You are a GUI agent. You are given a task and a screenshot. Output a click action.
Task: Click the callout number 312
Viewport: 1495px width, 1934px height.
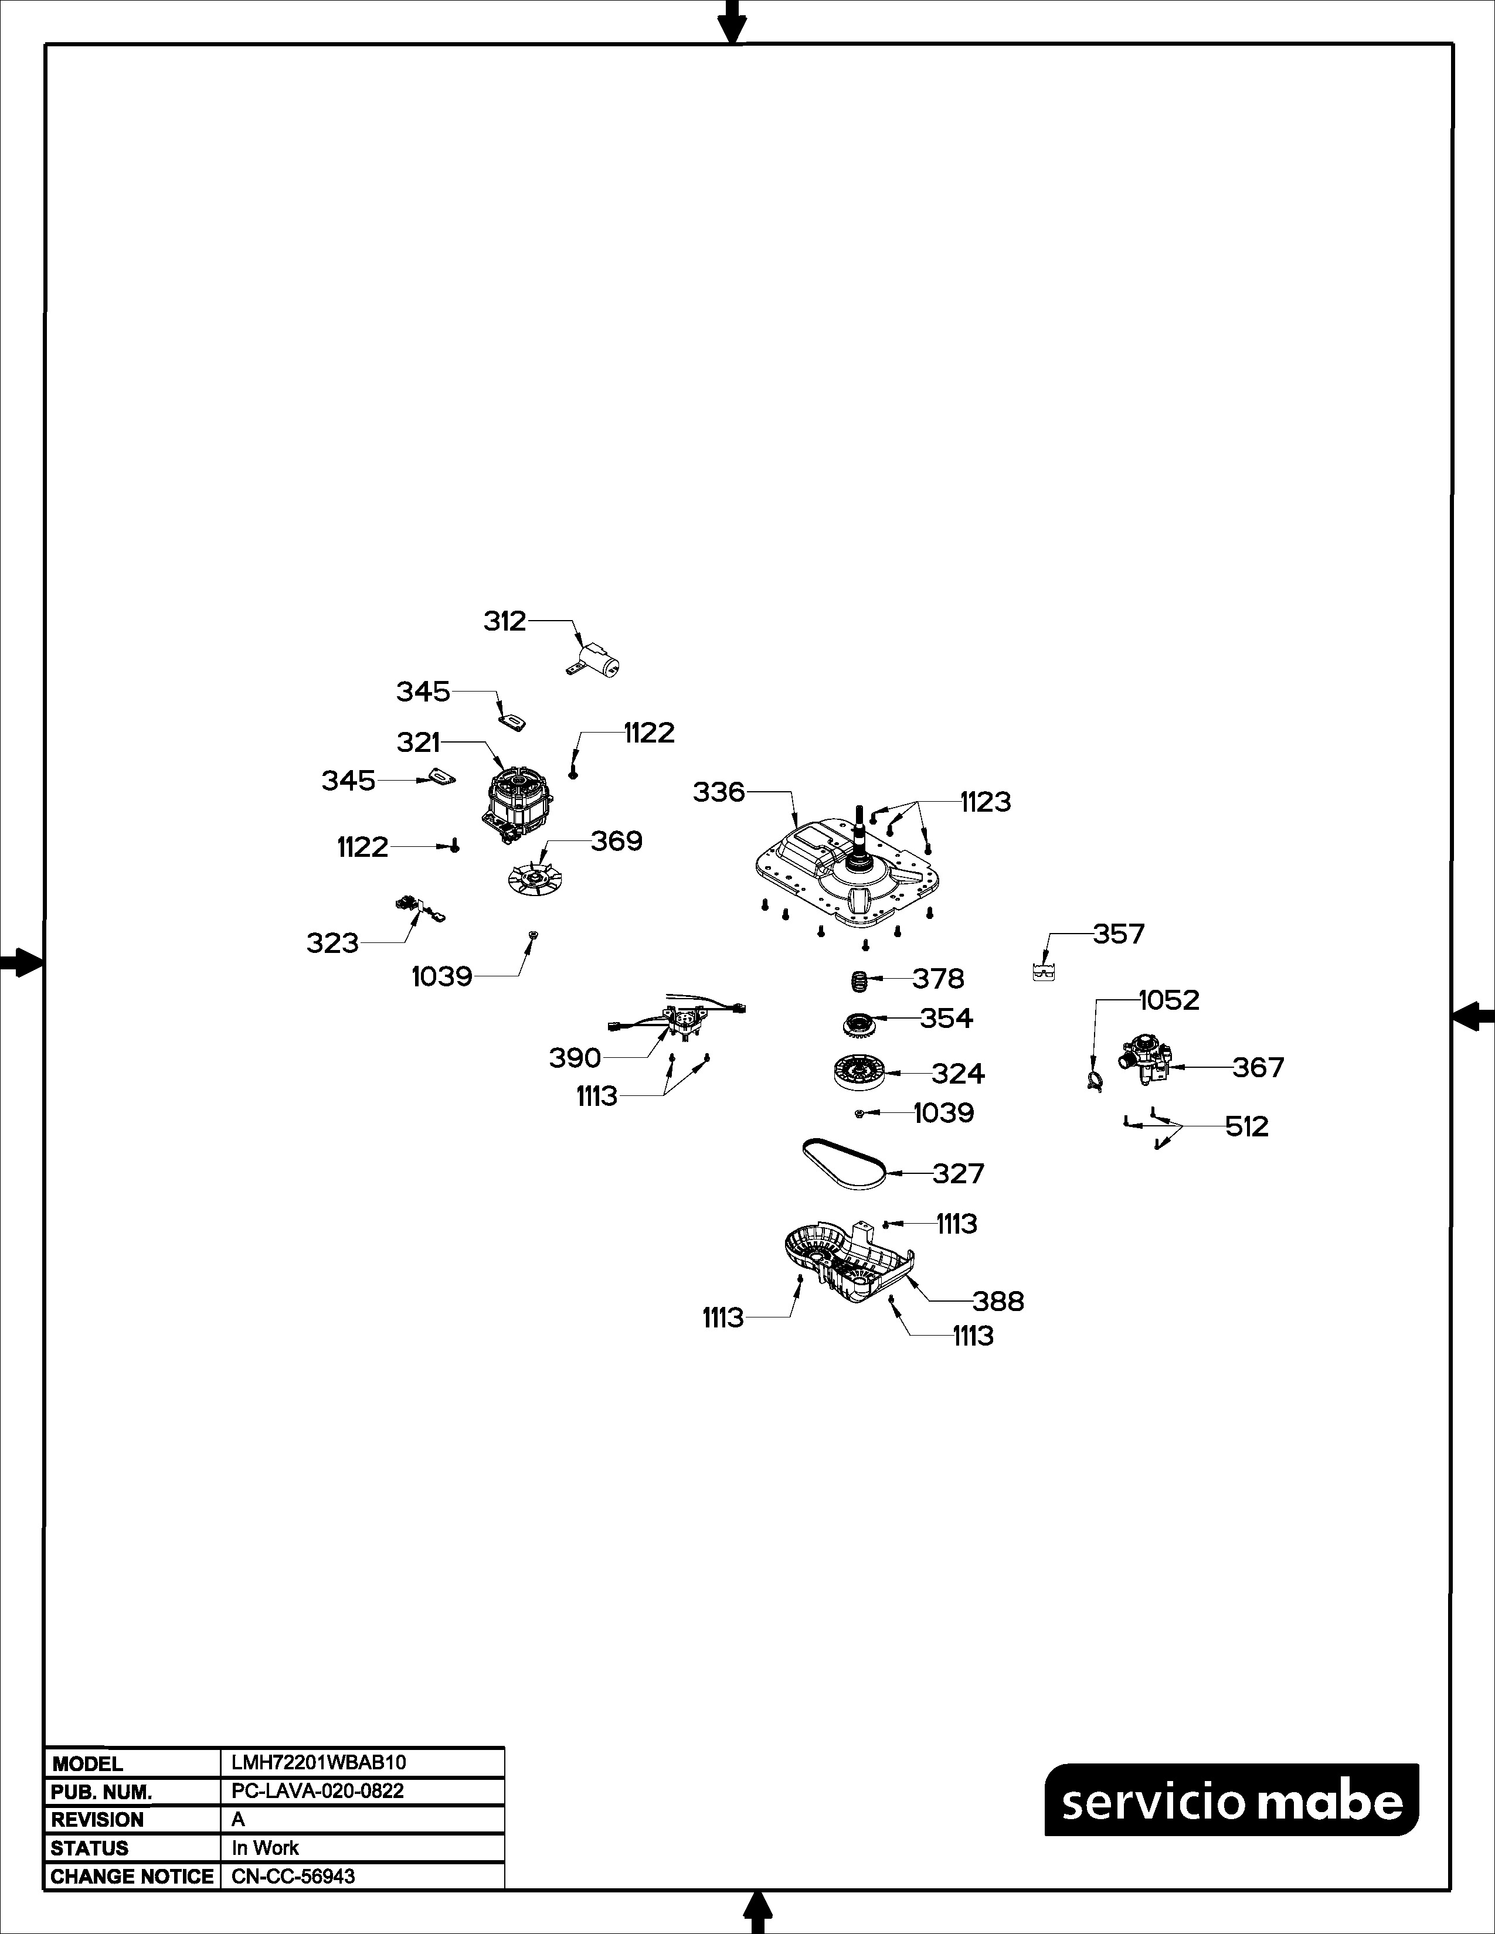(x=505, y=622)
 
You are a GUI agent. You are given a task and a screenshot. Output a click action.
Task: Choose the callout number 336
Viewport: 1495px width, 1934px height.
(x=719, y=792)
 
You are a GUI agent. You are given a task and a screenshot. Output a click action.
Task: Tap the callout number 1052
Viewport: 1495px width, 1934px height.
(x=1169, y=1000)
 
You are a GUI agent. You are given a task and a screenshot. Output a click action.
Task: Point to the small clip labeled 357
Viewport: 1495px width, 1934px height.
(x=1044, y=972)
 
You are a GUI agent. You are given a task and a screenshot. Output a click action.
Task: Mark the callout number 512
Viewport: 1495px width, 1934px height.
(x=1247, y=1126)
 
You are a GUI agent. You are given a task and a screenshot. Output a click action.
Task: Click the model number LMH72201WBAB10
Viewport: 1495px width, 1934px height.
(x=319, y=1762)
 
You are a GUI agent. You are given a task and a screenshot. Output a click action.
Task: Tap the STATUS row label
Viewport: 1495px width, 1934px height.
(x=90, y=1848)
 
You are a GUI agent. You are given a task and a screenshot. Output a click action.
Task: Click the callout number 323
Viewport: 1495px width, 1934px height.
(x=332, y=943)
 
